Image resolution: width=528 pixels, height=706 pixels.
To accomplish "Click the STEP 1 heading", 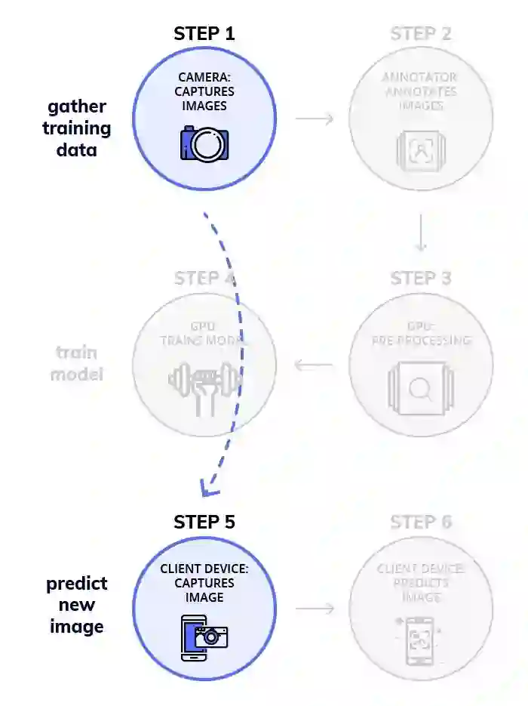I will tap(204, 33).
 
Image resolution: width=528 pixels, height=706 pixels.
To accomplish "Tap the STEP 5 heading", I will tap(204, 522).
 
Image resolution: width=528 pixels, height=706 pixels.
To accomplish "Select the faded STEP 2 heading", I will tap(421, 33).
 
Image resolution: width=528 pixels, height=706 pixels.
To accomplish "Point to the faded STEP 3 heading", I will tap(421, 278).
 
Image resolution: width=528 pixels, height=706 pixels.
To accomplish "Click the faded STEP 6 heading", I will tap(421, 522).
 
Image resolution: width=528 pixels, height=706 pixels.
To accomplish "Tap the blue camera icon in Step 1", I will tap(204, 143).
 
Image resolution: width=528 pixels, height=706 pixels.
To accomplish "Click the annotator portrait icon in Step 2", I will tap(420, 150).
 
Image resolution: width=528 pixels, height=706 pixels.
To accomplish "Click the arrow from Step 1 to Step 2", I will tap(314, 119).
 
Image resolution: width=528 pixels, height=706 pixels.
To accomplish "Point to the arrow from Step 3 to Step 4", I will tap(314, 366).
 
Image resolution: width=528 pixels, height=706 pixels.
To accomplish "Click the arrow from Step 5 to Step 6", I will tap(314, 608).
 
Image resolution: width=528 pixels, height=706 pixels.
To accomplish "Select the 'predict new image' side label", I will tap(77, 605).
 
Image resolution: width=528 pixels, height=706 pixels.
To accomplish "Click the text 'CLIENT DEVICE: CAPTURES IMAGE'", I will tap(204, 583).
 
